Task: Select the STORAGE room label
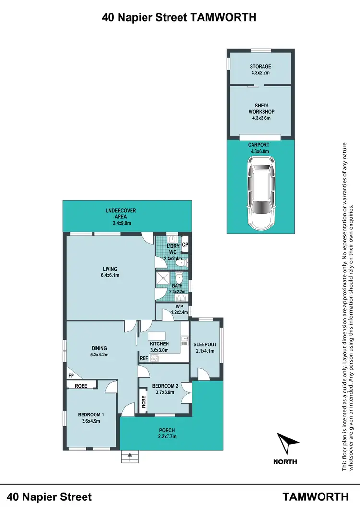pyautogui.click(x=260, y=67)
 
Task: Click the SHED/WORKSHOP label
pyautogui.click(x=260, y=108)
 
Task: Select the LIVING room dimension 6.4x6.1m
pyautogui.click(x=109, y=275)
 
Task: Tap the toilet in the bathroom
pyautogui.click(x=179, y=278)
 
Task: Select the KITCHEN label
pyautogui.click(x=159, y=344)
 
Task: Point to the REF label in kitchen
pyautogui.click(x=143, y=358)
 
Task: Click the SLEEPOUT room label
pyautogui.click(x=205, y=344)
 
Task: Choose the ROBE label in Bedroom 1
pyautogui.click(x=80, y=385)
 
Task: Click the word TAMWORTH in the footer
pyautogui.click(x=315, y=496)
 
